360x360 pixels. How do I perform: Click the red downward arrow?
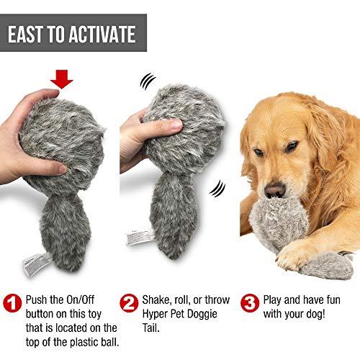61,79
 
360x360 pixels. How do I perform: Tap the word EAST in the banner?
25,35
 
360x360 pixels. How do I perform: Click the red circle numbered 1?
13,303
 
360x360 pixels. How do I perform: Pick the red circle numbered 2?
129,303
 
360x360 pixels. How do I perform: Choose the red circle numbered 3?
250,303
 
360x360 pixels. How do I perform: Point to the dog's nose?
275,190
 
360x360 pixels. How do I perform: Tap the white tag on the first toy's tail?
37,264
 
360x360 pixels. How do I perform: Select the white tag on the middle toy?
140,237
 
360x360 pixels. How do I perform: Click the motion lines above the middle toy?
148,81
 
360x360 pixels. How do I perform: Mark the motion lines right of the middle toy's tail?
217,189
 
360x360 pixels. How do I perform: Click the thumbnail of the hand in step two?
179,124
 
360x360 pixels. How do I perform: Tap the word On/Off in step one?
80,300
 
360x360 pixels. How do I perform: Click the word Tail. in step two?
151,328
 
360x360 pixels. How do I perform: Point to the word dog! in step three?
312,314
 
